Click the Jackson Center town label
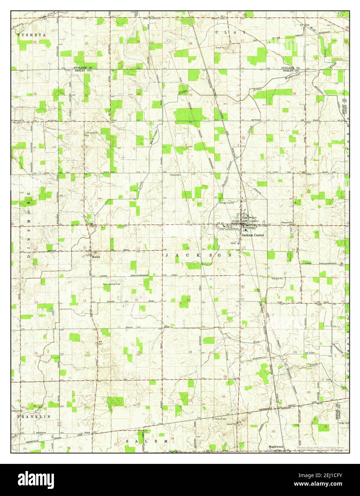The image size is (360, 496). coord(252,235)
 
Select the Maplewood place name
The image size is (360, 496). coord(276,446)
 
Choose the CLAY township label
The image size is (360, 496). coord(231,32)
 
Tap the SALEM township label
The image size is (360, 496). coord(146,441)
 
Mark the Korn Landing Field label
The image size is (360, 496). coord(112,284)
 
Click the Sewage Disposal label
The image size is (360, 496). coord(227,202)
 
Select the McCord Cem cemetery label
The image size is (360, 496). coord(221,419)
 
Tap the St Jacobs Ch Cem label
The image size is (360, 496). coord(91,135)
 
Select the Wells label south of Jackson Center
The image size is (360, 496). coord(234,244)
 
